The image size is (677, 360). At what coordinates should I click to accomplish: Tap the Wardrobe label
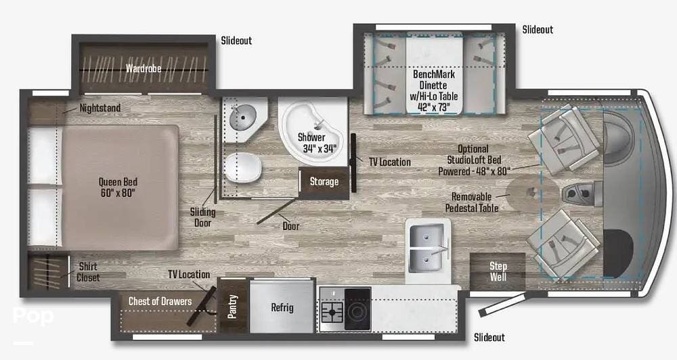click(142, 68)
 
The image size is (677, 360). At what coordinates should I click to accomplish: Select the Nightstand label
click(100, 108)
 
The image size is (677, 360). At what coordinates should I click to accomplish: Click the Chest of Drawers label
click(160, 301)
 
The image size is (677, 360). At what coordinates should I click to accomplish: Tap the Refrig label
click(282, 307)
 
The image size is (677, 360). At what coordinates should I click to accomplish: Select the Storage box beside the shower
click(324, 181)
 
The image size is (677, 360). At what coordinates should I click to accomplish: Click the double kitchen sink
click(429, 246)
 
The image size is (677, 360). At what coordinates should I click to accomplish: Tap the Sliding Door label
click(202, 217)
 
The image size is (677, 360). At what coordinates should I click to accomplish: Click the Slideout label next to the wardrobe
click(236, 41)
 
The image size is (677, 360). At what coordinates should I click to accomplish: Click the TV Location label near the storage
click(389, 162)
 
